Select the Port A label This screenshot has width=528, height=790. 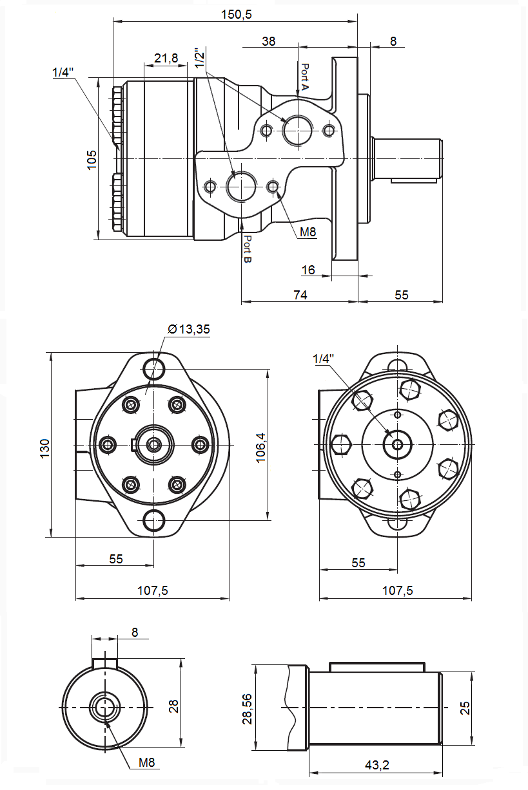[x=306, y=76]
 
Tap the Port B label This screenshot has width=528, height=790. [x=247, y=249]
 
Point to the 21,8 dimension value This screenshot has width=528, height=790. [x=166, y=59]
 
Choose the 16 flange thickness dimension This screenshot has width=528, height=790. [x=309, y=270]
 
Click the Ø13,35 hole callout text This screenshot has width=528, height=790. [x=188, y=329]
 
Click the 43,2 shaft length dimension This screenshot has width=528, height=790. [x=376, y=765]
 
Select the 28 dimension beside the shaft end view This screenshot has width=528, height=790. [x=173, y=706]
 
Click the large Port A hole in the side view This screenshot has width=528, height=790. [x=297, y=130]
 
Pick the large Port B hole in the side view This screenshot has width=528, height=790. [x=242, y=187]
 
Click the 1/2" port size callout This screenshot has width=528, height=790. [x=200, y=58]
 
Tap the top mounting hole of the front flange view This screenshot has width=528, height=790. [x=153, y=369]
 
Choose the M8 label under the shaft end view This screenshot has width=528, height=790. [x=147, y=763]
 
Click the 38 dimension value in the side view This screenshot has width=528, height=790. [x=269, y=41]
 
